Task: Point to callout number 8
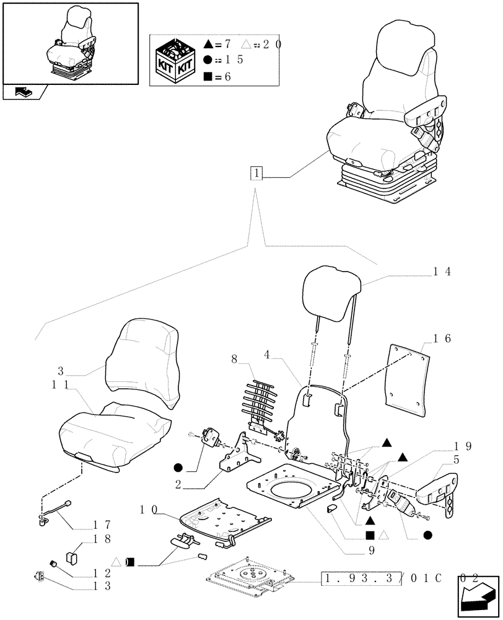(234, 359)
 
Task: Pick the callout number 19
(463, 446)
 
